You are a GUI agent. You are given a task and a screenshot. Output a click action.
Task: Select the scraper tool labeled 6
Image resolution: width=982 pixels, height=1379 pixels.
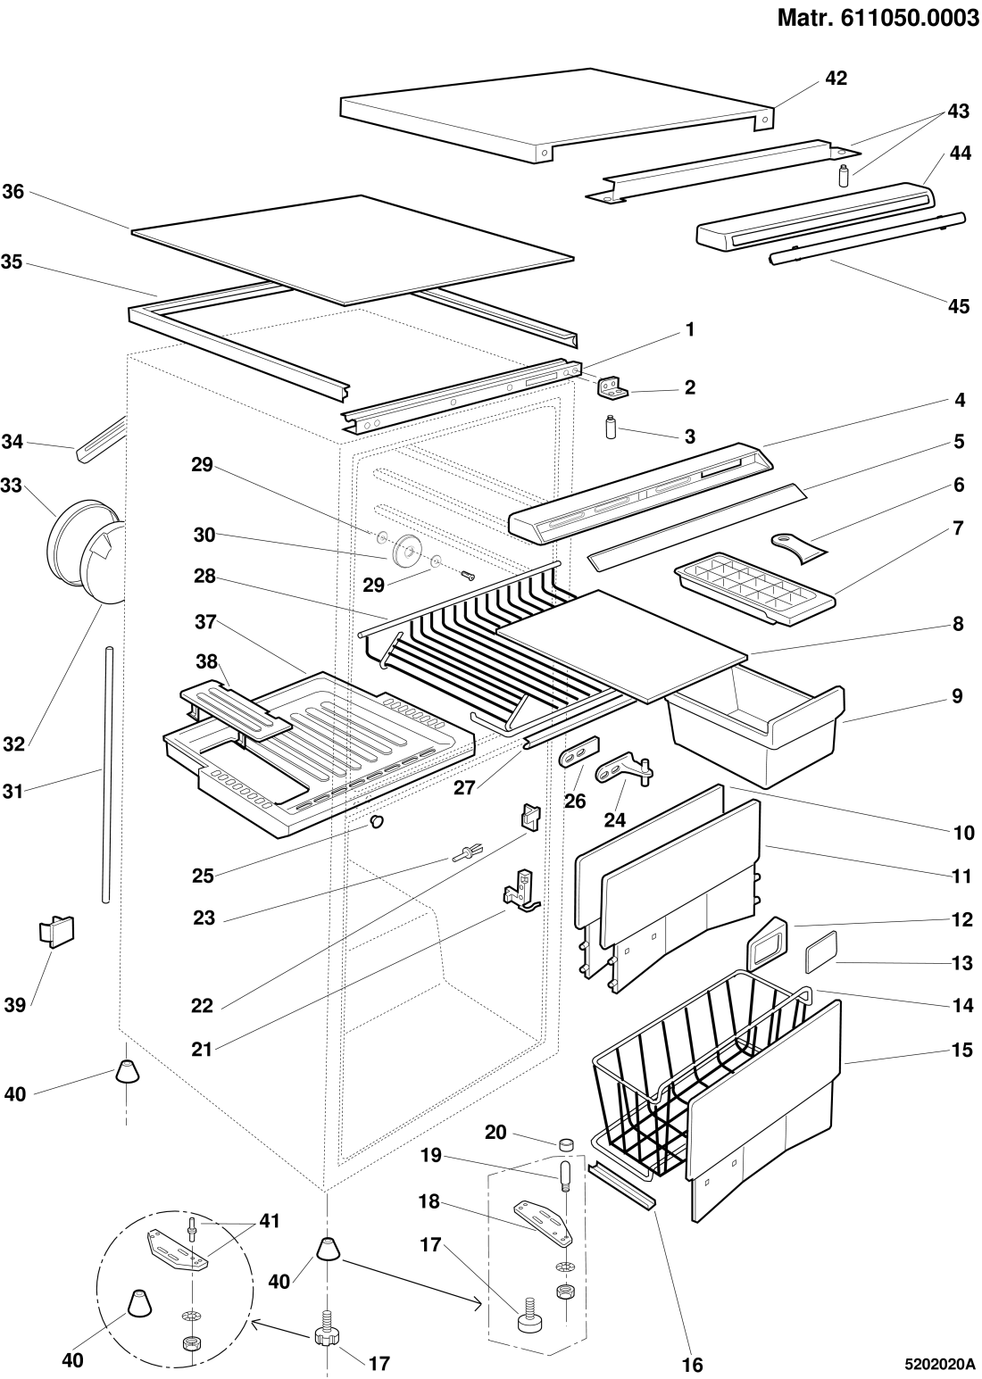click(798, 546)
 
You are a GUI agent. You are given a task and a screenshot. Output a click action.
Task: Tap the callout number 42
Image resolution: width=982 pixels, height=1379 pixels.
click(836, 79)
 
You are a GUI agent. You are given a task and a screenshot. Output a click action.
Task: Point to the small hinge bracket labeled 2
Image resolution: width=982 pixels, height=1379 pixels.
click(615, 386)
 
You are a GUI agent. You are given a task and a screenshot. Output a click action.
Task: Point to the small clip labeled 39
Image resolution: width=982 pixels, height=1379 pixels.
click(56, 931)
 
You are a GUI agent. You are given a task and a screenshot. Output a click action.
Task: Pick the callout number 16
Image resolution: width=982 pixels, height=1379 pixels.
click(693, 1365)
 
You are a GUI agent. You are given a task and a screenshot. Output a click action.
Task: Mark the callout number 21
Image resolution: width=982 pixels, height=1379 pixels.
click(203, 1050)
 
